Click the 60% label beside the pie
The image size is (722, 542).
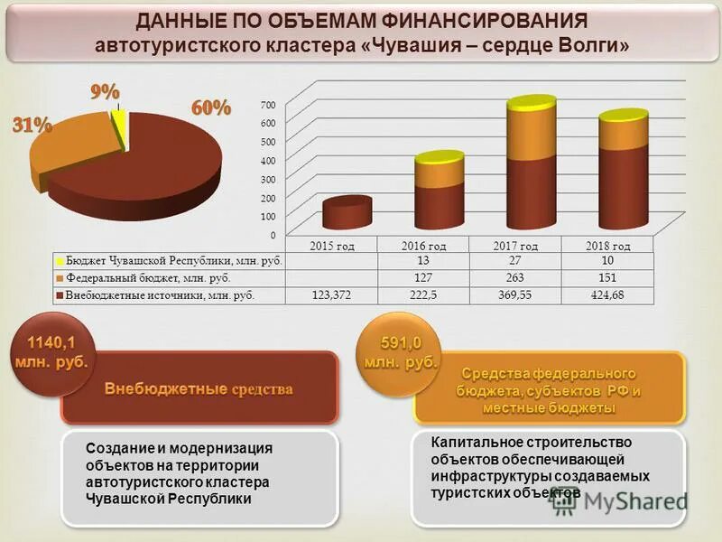click(x=210, y=107)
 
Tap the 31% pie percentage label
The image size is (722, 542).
click(x=31, y=126)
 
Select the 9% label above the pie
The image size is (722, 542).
click(x=105, y=91)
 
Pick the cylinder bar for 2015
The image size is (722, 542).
click(x=347, y=213)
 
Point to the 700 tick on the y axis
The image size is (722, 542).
click(x=269, y=104)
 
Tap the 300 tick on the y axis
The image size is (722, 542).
click(x=269, y=179)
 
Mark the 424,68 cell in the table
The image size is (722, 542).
click(x=604, y=294)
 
